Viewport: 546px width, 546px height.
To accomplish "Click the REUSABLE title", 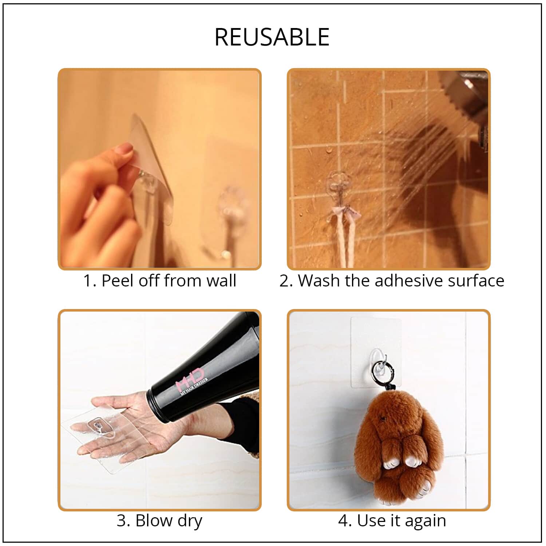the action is pyautogui.click(x=272, y=37).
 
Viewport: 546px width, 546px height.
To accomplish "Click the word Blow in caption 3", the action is pyautogui.click(x=152, y=521).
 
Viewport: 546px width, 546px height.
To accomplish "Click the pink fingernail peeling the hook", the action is pyautogui.click(x=125, y=149).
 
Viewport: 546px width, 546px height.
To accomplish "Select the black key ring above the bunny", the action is pyautogui.click(x=379, y=370).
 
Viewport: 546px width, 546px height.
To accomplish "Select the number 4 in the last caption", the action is pyautogui.click(x=343, y=521).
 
